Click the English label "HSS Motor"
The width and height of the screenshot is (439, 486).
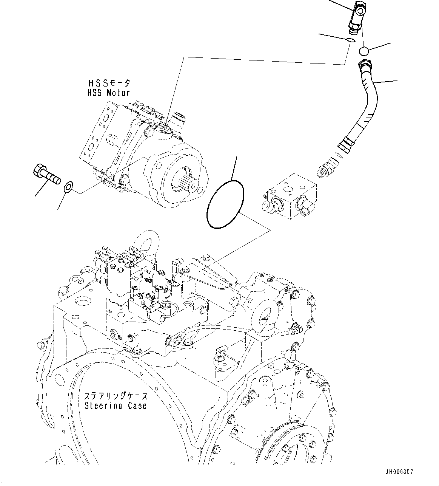[x=109, y=93]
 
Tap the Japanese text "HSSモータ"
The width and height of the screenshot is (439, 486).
[x=109, y=83]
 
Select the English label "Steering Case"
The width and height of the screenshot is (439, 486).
[x=116, y=406]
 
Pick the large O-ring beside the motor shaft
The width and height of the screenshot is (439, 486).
[x=225, y=204]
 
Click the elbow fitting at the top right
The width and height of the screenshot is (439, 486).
[x=356, y=17]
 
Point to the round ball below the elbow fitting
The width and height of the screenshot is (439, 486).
[x=364, y=51]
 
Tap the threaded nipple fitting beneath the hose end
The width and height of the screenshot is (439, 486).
[x=326, y=168]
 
